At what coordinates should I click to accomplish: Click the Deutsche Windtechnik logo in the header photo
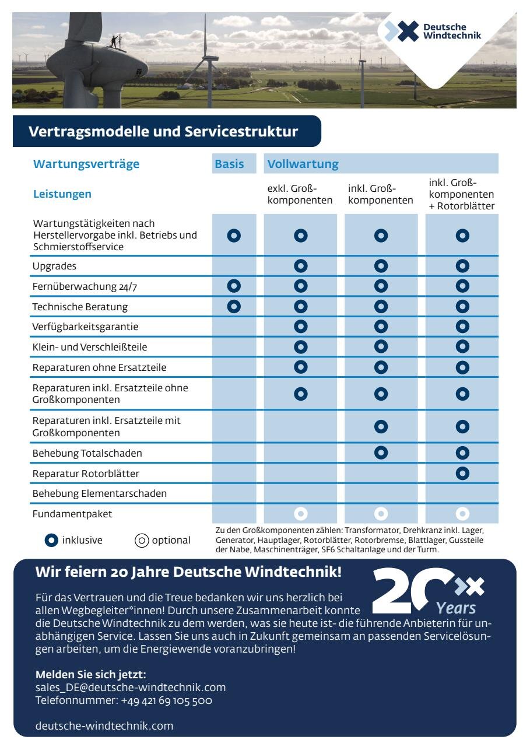point(433,31)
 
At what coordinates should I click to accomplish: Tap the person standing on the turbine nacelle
point(114,41)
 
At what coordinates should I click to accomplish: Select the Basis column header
point(229,164)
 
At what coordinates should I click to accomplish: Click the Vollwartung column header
point(303,164)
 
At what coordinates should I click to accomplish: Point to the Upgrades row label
point(54,266)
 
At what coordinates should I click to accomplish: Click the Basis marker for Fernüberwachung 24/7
point(234,286)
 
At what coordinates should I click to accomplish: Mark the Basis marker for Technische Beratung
point(234,306)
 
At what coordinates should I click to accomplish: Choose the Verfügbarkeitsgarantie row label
point(85,327)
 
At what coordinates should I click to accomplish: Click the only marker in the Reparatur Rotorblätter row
point(462,473)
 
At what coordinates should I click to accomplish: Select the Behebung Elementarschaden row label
point(100,493)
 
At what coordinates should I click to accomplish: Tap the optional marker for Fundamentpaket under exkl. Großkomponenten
point(301,514)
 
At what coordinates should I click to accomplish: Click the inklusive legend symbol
point(51,541)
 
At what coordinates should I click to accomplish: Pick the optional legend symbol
point(142,541)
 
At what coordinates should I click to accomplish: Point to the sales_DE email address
point(131,688)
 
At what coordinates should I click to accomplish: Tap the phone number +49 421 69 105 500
point(166,700)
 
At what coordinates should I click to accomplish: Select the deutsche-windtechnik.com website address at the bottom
point(104,726)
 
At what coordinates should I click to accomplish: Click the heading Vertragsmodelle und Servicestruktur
point(163,131)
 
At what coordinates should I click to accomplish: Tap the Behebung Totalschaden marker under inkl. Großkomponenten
point(381,453)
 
